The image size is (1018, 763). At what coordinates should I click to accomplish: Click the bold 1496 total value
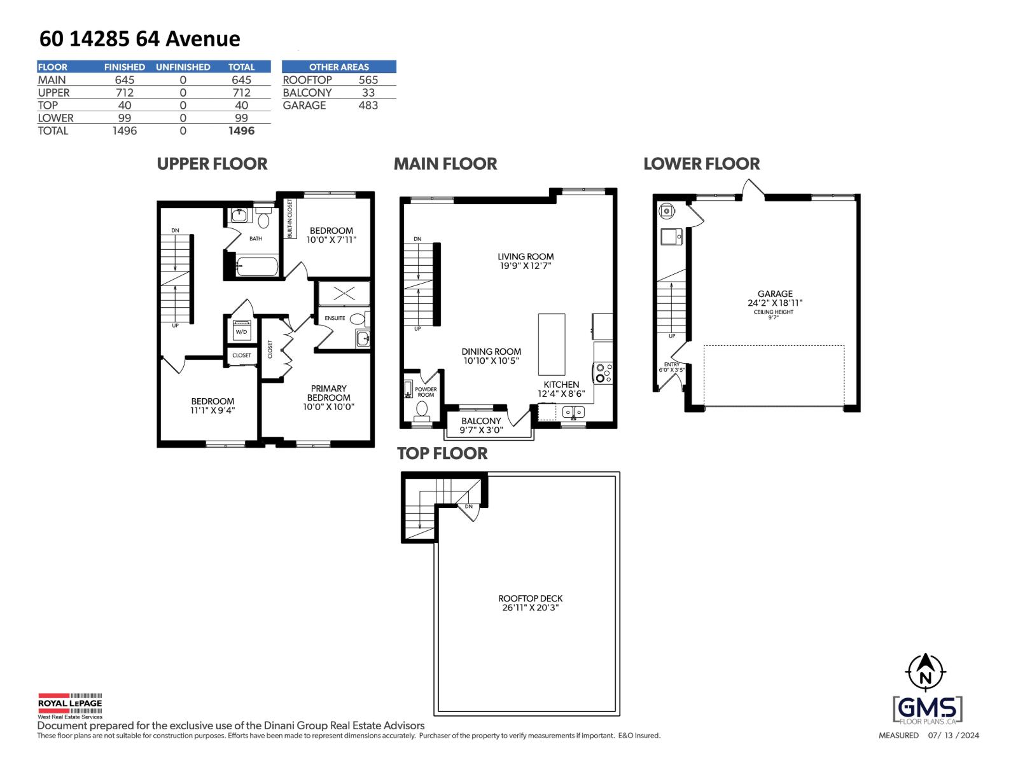241,130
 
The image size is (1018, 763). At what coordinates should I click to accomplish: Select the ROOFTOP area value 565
368,80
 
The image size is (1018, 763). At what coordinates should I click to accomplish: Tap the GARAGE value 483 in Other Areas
368,106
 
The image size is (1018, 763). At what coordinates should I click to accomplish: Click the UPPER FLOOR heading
212,164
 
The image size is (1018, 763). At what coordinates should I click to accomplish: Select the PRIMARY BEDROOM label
328,393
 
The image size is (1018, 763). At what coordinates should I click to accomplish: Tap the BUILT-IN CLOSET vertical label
289,219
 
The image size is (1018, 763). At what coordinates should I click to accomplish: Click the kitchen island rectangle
552,344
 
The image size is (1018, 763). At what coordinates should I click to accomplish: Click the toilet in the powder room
422,410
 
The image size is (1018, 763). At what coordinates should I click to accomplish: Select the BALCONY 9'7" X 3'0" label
481,425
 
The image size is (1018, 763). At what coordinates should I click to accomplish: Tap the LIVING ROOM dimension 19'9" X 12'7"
526,266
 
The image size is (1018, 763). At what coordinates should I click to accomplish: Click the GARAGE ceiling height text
774,314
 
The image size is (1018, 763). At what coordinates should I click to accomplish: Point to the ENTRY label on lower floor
672,364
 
